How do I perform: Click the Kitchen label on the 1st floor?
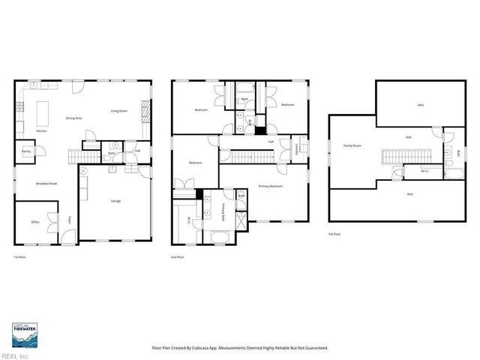(x=41, y=131)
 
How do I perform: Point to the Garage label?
(x=116, y=201)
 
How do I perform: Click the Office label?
(x=35, y=222)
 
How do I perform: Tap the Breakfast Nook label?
(x=47, y=184)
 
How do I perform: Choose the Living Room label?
(x=119, y=111)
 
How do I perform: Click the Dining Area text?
(x=73, y=118)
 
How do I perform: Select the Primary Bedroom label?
(x=270, y=185)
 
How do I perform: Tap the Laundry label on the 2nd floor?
(x=298, y=148)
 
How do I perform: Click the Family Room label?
(x=352, y=145)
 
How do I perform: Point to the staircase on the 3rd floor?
(x=404, y=157)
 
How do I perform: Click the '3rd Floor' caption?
(x=334, y=235)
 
